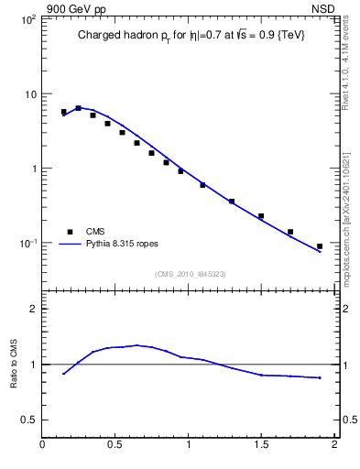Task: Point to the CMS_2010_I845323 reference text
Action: pyautogui.click(x=190, y=274)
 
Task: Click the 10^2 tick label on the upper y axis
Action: pyautogui.click(x=28, y=19)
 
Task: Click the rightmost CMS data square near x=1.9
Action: pyautogui.click(x=320, y=246)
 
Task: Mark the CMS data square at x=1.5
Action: pyautogui.click(x=261, y=216)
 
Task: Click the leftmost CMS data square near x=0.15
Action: pyautogui.click(x=64, y=112)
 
